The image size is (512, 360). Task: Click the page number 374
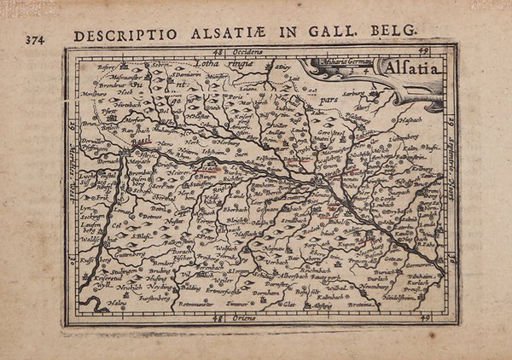click(x=37, y=39)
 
